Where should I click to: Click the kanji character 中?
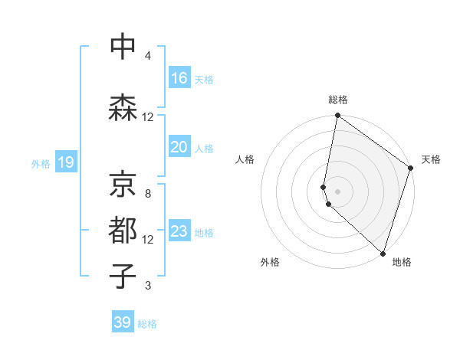123,47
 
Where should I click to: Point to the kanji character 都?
123,231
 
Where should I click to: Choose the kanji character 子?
123,277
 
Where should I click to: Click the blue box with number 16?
179,78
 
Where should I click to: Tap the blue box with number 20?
179,147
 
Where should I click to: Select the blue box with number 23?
179,231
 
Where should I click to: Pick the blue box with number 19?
66,162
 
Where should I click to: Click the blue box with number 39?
123,322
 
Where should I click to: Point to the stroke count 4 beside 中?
147,56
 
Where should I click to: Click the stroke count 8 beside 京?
147,194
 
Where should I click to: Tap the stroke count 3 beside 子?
147,286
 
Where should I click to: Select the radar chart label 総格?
338,100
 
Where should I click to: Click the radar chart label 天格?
431,160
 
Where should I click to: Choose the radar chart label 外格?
270,262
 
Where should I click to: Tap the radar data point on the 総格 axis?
337,116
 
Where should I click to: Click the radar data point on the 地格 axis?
383,253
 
